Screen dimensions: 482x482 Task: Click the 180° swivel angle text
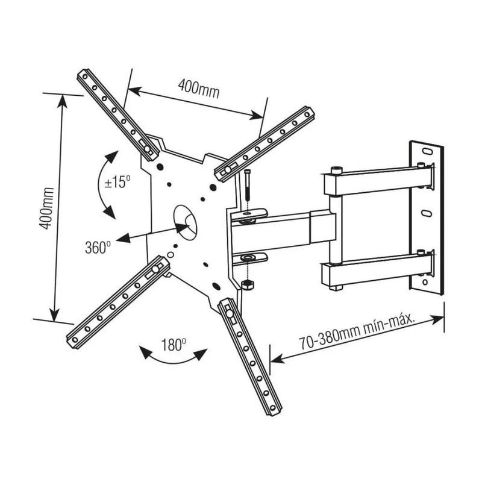(x=174, y=345)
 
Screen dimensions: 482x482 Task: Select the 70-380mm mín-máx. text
(x=358, y=333)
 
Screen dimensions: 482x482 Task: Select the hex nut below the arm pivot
(x=246, y=284)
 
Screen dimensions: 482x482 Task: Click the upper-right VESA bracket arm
(x=264, y=143)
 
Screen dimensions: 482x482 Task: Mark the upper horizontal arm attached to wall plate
(x=380, y=180)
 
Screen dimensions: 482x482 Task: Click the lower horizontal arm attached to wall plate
(x=380, y=270)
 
